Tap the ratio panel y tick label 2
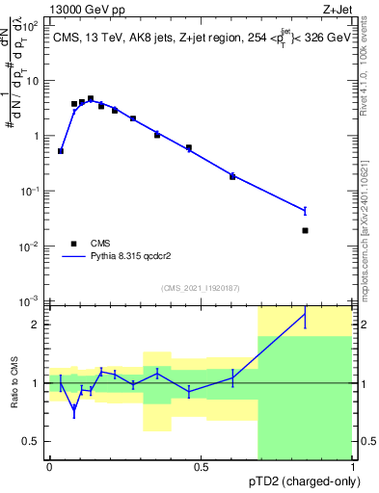(x=36, y=324)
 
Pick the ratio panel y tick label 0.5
(x=33, y=441)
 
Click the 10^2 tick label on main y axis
(x=31, y=25)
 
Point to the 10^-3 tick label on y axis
(x=31, y=301)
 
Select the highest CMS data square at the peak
(x=91, y=98)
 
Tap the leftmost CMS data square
(x=61, y=151)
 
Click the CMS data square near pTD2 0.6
(x=232, y=176)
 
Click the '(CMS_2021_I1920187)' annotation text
(x=200, y=287)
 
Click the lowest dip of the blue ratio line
(x=74, y=409)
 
